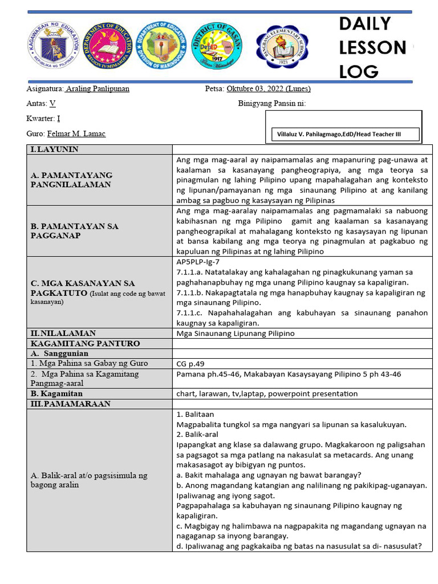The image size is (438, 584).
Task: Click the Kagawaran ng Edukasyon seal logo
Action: tap(54, 47)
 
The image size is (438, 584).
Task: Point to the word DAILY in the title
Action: tap(365, 24)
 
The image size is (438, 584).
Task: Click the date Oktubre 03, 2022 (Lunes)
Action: tap(268, 89)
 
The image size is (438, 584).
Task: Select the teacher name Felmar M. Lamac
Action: tap(76, 133)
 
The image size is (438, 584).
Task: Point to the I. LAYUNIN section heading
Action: tap(55, 149)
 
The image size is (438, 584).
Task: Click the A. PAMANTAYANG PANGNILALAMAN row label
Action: tap(71, 180)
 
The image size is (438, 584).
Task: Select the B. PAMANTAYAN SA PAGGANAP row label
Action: tap(74, 231)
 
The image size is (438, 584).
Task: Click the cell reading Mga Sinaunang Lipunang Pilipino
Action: tap(236, 334)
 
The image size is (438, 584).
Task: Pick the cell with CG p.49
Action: tap(190, 363)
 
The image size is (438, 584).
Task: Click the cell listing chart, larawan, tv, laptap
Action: tap(267, 394)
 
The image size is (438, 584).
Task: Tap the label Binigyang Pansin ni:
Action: tap(271, 104)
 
